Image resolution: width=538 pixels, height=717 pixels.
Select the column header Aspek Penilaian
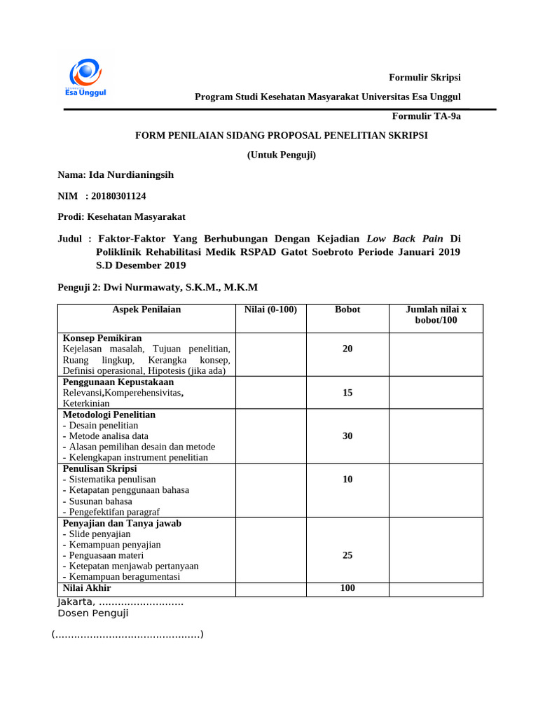[146, 309]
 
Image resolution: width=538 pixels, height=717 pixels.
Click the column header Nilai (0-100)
[270, 309]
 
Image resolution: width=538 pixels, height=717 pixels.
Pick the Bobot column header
[347, 309]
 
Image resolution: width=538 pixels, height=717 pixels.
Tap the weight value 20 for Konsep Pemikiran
[347, 349]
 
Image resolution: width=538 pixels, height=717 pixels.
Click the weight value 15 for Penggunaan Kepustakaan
[347, 393]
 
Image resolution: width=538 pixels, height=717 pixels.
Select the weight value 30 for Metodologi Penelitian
[347, 436]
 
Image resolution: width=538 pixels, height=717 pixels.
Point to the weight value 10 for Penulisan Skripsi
[347, 480]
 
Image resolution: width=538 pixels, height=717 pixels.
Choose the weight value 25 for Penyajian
[347, 555]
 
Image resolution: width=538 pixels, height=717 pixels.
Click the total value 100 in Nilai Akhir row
[347, 588]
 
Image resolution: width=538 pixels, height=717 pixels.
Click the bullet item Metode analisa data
[108, 436]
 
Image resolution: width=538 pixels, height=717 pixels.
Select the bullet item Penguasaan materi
[106, 555]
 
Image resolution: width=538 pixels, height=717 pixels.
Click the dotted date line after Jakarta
[141, 602]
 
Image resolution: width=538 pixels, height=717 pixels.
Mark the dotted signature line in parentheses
[127, 635]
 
